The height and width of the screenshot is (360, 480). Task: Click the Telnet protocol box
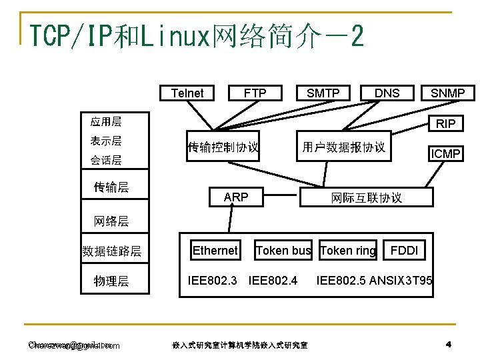(187, 93)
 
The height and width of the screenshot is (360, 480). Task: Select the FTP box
(255, 93)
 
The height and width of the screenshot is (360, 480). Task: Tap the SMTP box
(323, 93)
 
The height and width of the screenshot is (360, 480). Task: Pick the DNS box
(387, 93)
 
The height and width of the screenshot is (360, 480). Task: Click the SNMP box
(447, 93)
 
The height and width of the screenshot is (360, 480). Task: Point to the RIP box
(445, 123)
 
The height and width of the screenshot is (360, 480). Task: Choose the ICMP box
(445, 154)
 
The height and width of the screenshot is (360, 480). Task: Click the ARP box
(236, 197)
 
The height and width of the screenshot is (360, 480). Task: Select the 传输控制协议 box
(223, 147)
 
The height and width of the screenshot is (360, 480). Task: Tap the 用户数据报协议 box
(343, 147)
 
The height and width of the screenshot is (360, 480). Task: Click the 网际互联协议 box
(367, 197)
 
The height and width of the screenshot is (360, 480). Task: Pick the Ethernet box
(215, 250)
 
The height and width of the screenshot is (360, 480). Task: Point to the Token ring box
(347, 250)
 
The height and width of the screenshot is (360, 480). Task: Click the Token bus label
(283, 251)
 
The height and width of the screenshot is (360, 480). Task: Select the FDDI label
(405, 251)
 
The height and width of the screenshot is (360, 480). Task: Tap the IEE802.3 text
(213, 279)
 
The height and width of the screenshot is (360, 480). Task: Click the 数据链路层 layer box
(112, 251)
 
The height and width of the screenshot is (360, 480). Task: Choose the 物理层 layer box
(112, 281)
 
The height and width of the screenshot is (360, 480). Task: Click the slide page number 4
(449, 344)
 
